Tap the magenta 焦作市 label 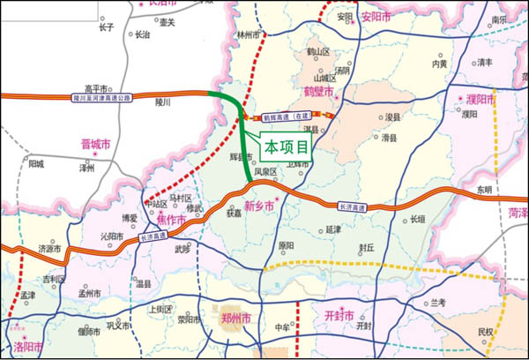(163, 217)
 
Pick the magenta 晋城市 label (95, 145)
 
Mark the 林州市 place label (250, 35)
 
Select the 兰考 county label (437, 303)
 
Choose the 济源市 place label (51, 250)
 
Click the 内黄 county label (439, 64)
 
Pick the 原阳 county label (287, 246)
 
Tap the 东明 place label (484, 190)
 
